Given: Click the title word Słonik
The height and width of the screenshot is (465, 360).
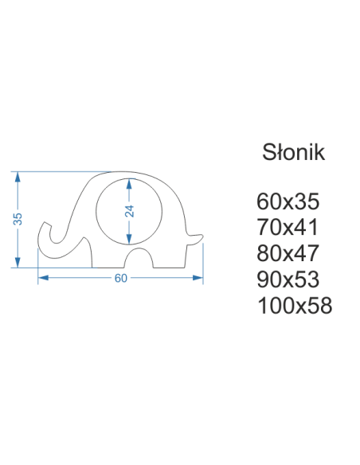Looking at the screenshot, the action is pyautogui.click(x=294, y=152).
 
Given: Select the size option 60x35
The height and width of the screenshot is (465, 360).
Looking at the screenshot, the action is pyautogui.click(x=288, y=201).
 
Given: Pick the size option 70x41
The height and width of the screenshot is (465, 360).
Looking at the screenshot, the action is pyautogui.click(x=288, y=228).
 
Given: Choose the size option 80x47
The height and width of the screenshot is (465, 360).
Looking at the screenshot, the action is pyautogui.click(x=288, y=253).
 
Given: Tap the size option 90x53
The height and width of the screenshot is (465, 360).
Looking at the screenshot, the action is pyautogui.click(x=288, y=279).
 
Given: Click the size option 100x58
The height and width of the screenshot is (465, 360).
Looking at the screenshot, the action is pyautogui.click(x=295, y=306).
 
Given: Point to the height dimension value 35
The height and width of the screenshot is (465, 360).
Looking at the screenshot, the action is pyautogui.click(x=18, y=219).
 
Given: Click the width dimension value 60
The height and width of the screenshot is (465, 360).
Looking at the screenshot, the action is pyautogui.click(x=121, y=278).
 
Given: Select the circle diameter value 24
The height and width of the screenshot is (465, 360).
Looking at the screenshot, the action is pyautogui.click(x=130, y=211).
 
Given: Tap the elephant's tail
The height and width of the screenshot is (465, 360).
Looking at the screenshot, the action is pyautogui.click(x=195, y=239).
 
